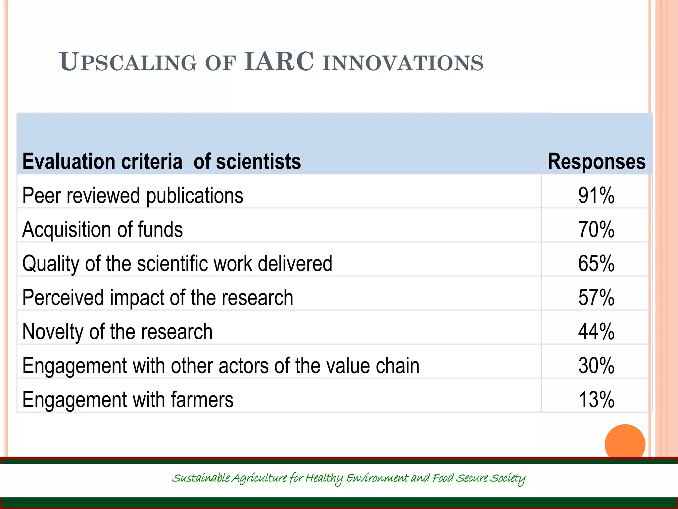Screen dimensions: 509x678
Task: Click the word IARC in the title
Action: tap(279, 62)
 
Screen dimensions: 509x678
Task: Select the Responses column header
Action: tap(597, 162)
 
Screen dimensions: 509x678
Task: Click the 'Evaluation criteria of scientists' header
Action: tap(162, 162)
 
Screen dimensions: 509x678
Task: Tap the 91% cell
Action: tap(596, 196)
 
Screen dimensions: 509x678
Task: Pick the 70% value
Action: tap(596, 229)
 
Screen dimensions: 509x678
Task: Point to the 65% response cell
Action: tap(596, 263)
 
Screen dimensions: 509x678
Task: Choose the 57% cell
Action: tap(596, 297)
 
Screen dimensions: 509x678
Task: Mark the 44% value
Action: tap(596, 331)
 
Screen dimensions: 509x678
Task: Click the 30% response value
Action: tap(596, 366)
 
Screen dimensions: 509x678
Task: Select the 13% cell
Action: tap(596, 399)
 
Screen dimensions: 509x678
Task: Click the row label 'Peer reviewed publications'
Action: tap(133, 196)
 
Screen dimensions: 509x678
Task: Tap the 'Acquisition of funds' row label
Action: tap(102, 229)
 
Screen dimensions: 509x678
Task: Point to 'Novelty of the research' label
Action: tap(117, 331)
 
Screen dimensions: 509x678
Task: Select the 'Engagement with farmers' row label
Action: tap(128, 399)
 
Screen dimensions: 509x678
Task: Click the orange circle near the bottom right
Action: tap(625, 444)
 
